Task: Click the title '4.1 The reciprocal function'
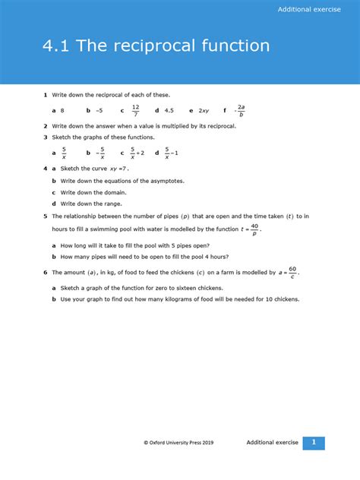156,46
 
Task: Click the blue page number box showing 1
314,443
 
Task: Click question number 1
46,95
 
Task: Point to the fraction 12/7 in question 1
136,111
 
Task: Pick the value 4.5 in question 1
169,111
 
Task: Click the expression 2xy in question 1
204,111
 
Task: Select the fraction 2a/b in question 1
241,111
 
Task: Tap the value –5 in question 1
99,111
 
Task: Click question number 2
46,125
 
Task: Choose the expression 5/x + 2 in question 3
137,153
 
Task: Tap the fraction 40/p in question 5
254,229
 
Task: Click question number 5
46,216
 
